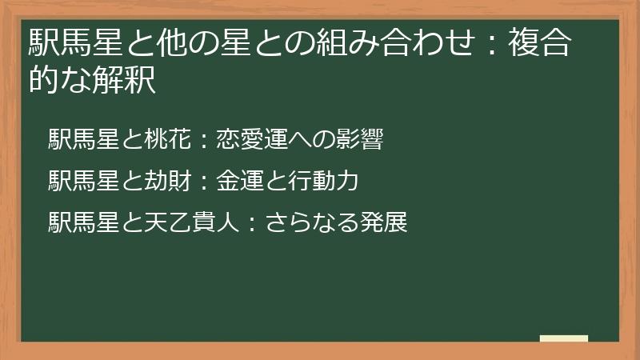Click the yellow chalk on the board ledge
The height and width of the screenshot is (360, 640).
click(563, 338)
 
